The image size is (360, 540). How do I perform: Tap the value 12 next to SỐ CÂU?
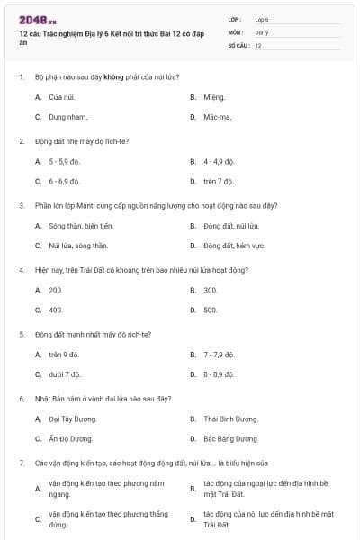(258, 45)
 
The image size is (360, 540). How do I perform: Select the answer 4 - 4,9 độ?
(219, 161)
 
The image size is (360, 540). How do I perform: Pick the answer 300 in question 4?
(211, 290)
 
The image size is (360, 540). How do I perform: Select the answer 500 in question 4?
(211, 310)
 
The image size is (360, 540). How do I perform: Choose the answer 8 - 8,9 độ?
(219, 374)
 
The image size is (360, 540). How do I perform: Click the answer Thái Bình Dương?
(230, 418)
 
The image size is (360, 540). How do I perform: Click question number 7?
(21, 463)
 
